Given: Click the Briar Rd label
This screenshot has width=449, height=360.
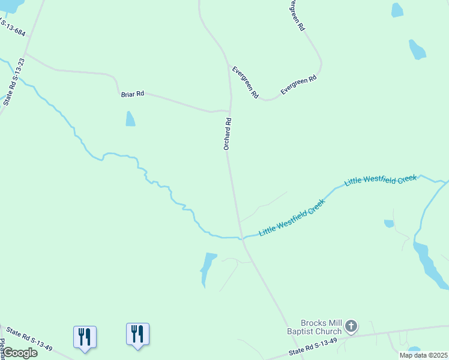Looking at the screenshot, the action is pyautogui.click(x=133, y=94).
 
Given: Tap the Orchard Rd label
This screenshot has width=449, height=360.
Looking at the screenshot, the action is pyautogui.click(x=228, y=134).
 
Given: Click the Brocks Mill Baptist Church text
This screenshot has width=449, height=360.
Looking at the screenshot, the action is pyautogui.click(x=321, y=327).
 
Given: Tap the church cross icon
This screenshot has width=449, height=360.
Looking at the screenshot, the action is pyautogui.click(x=351, y=327).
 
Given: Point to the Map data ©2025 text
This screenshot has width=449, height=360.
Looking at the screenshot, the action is pyautogui.click(x=424, y=355).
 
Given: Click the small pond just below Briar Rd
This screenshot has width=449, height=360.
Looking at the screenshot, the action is pyautogui.click(x=130, y=119).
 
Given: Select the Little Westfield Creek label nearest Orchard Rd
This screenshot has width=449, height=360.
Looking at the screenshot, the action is pyautogui.click(x=292, y=217).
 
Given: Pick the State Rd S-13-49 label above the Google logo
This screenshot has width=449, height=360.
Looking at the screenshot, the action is pyautogui.click(x=29, y=339).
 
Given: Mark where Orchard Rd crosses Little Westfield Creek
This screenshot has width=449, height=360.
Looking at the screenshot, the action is pyautogui.click(x=242, y=238).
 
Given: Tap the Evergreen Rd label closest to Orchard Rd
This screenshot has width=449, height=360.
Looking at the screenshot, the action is pyautogui.click(x=245, y=82).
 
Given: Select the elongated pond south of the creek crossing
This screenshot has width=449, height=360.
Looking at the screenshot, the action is pyautogui.click(x=208, y=268).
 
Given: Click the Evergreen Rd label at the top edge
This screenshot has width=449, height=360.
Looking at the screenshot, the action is pyautogui.click(x=297, y=15).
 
